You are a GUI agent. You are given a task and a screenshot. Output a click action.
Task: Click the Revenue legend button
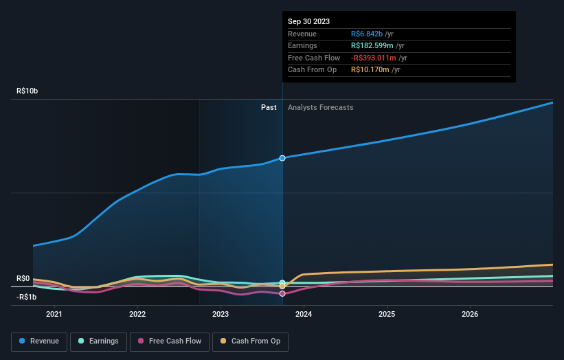[x=39, y=341]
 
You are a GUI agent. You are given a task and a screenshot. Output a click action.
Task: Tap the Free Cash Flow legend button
[x=169, y=341]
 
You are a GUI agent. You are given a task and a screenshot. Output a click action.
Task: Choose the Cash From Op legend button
[x=250, y=341]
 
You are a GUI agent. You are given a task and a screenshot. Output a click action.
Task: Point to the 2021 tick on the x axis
[x=54, y=315]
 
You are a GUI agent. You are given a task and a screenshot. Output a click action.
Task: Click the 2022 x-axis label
[x=137, y=315]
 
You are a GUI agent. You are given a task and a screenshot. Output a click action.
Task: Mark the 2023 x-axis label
[x=221, y=315]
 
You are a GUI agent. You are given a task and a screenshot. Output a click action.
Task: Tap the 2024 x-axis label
[x=304, y=315]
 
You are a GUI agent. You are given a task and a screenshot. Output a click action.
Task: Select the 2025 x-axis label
[x=387, y=315]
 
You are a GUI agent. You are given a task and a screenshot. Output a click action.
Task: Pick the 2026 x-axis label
[x=470, y=315]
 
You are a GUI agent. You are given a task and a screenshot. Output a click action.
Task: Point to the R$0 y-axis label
[x=23, y=278]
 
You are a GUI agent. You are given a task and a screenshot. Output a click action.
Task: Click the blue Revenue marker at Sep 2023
[x=282, y=158]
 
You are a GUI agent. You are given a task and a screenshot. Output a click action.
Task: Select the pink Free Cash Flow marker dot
[x=282, y=293]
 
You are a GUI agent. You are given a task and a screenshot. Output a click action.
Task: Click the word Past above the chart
[x=269, y=107]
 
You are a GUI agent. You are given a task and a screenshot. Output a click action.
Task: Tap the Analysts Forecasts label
[x=321, y=107]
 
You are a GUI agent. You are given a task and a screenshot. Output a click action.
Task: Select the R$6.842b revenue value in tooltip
[x=369, y=33]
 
